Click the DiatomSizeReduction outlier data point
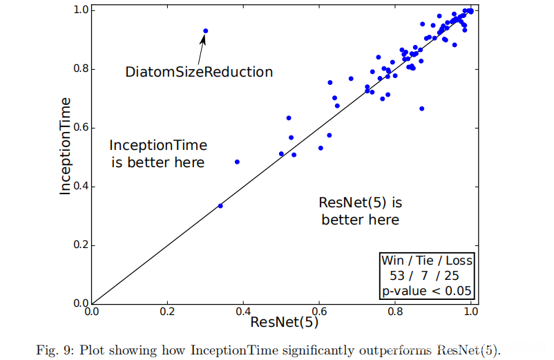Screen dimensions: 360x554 click(205, 31)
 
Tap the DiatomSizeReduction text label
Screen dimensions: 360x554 click(199, 72)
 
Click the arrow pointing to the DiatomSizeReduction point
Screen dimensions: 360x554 click(202, 49)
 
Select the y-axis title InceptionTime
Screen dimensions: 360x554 click(66, 146)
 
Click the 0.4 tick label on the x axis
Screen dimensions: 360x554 click(242, 312)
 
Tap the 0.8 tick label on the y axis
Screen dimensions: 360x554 click(81, 69)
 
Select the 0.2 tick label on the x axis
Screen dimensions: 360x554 click(166, 312)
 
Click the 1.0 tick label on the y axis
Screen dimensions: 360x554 click(81, 10)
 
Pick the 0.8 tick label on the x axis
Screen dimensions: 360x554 click(394, 312)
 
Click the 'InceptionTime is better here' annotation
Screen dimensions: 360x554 click(158, 154)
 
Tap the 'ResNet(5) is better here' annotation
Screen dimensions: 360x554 click(360, 211)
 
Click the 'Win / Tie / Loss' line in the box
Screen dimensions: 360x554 click(427, 261)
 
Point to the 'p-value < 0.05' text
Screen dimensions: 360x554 click(427, 290)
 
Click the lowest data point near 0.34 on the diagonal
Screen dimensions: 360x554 click(220, 206)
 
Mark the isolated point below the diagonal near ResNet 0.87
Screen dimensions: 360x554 click(421, 108)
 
